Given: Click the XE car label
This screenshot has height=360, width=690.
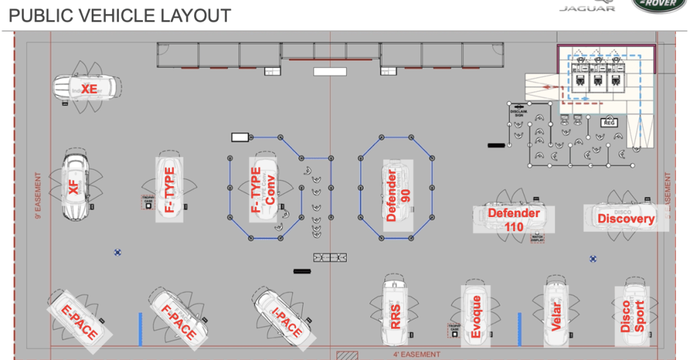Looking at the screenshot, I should (89, 89).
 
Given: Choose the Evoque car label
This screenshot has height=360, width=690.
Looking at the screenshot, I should (476, 317).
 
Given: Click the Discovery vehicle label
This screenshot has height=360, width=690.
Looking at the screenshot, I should (626, 218).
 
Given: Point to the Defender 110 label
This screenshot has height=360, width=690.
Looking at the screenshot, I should (514, 220).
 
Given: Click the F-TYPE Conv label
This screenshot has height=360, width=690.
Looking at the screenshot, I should (262, 189).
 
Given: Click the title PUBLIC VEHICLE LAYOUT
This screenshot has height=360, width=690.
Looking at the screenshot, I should (120, 15).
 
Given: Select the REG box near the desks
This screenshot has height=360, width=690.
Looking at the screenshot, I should (609, 122).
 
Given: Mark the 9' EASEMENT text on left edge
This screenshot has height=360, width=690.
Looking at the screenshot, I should (38, 196).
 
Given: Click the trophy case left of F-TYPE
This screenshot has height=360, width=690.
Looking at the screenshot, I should (148, 203).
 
